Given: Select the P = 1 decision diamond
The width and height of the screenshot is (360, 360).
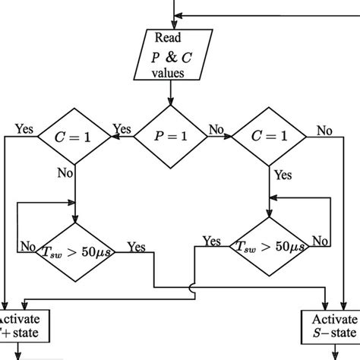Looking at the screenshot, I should (171, 138).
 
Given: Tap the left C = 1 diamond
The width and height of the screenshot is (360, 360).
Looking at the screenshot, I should (75, 138).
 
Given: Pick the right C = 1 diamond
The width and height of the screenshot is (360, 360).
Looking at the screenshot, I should (269, 138).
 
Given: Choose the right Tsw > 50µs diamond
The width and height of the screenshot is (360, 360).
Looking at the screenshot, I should (269, 245).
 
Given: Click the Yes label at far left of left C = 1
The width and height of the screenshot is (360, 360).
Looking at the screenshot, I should (23, 128).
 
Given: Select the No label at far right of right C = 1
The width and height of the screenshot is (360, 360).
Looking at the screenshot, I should (324, 131).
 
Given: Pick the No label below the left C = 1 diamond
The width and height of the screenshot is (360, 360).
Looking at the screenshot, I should (64, 173).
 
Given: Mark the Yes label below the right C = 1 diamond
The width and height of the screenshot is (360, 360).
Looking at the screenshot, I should (282, 174).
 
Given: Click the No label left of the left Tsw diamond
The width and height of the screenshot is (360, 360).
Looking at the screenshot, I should (28, 245).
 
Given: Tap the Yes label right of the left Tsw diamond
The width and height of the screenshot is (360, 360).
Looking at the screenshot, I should (137, 246).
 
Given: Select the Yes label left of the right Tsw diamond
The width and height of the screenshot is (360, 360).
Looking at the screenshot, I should (212, 241).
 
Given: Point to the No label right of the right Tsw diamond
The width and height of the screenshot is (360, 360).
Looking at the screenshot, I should (320, 241).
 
